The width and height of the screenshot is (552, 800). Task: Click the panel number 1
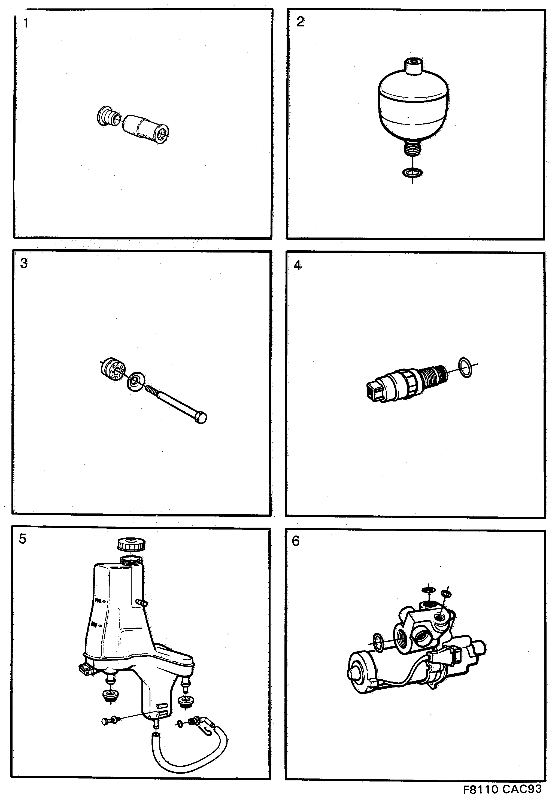pos(26,23)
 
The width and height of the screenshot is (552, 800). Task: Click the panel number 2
pos(300,22)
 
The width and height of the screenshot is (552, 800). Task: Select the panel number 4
pos(297,266)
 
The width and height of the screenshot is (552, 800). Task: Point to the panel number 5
pos(23,539)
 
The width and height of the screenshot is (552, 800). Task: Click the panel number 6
pos(296,541)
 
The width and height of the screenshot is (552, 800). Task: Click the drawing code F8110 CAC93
pos(502,789)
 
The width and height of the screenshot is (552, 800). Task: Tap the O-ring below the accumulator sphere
pos(412,172)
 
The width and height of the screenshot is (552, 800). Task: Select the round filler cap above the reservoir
pos(131,545)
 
